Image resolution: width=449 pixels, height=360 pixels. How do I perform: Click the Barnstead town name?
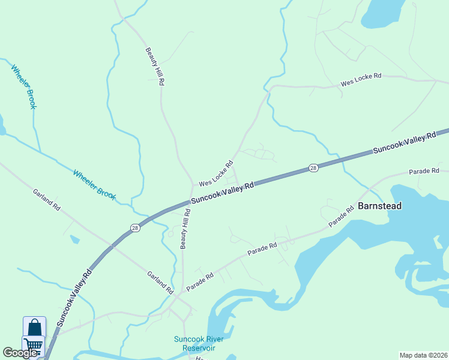coord(379,206)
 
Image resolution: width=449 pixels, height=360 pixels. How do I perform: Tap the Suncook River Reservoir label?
coord(199,343)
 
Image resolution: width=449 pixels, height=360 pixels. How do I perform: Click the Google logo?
coord(20,353)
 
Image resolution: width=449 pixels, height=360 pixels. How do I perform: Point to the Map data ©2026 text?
coord(423,355)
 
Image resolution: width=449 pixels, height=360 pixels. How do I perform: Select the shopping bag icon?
coord(34,328)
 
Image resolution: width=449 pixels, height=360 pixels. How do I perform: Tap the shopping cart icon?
coord(34,345)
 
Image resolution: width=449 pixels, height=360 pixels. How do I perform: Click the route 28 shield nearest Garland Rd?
coord(136,227)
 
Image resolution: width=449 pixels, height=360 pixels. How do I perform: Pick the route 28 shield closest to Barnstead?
coord(313,169)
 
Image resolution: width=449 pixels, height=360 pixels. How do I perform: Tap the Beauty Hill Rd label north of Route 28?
coord(155,67)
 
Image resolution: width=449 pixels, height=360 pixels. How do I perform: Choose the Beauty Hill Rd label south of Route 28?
coord(185,229)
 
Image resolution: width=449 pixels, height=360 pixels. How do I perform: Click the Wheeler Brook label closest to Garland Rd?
coord(94,185)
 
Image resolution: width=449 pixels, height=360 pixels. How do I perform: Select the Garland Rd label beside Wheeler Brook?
coord(47,200)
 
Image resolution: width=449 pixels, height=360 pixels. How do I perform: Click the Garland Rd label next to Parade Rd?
coord(160,283)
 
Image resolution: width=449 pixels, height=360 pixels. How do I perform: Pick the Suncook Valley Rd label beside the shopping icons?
coord(74,298)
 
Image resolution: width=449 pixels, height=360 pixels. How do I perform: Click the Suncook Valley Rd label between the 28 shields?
coord(223,194)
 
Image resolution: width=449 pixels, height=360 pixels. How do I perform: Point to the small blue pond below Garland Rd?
coord(74,239)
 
